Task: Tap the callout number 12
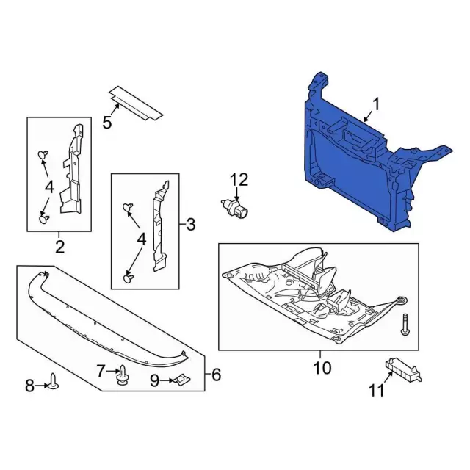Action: point(239,179)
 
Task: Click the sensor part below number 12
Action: point(237,207)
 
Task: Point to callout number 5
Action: point(107,123)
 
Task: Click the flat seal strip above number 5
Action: point(136,102)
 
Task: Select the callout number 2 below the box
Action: point(59,245)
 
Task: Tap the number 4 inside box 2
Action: point(48,187)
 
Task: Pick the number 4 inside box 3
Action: point(140,239)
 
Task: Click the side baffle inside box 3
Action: point(159,228)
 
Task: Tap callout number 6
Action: point(215,375)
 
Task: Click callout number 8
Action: point(30,384)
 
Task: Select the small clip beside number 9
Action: point(180,380)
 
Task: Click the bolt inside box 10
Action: point(405,323)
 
